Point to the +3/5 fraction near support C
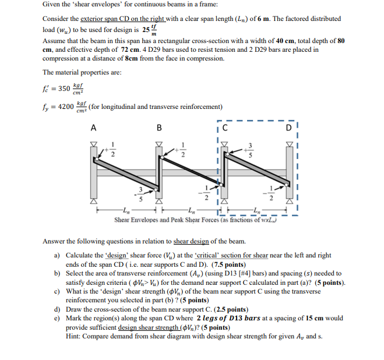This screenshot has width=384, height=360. (252, 151)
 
